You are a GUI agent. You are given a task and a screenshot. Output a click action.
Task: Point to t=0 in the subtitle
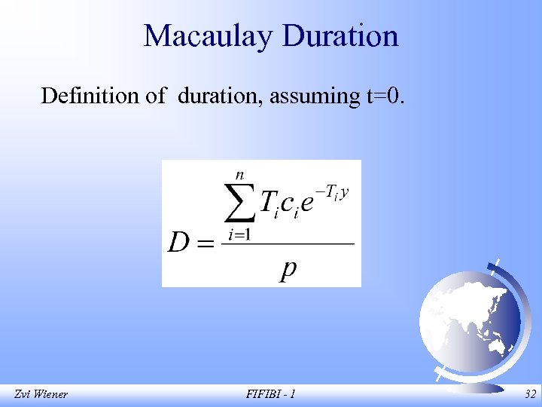[385, 96]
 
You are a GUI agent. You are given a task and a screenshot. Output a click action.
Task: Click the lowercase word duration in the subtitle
[220, 96]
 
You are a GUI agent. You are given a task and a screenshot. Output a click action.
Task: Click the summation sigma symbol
[239, 202]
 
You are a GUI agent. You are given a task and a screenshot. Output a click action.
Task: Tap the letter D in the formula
[178, 243]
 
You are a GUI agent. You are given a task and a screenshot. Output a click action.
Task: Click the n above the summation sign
[239, 174]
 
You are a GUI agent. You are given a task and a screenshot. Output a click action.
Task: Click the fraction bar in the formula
[289, 243]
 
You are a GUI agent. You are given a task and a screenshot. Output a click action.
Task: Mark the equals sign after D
[205, 243]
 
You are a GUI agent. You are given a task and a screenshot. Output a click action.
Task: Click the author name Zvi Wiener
[41, 393]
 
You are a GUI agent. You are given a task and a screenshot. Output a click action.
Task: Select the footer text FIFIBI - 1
[270, 393]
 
